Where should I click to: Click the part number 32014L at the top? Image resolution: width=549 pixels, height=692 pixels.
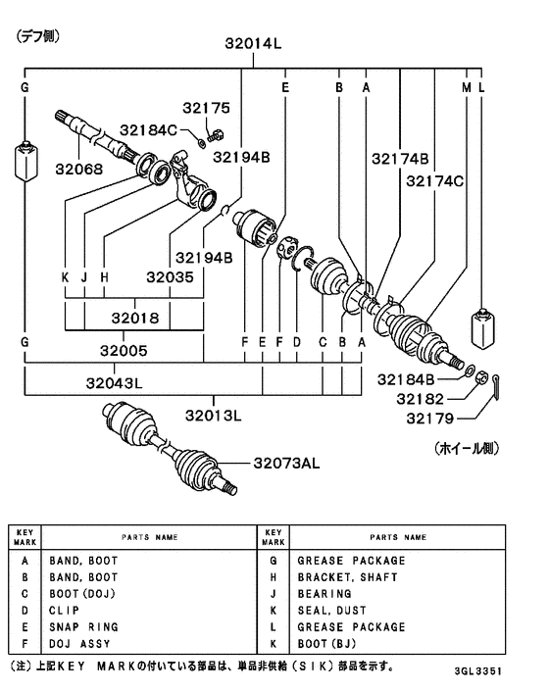(x=253, y=42)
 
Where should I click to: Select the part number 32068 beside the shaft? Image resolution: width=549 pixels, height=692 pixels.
(x=77, y=169)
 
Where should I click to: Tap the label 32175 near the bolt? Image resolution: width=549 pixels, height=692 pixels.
(x=204, y=108)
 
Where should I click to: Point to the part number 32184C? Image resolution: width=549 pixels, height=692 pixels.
(x=149, y=129)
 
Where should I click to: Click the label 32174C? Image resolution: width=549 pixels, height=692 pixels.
(x=436, y=180)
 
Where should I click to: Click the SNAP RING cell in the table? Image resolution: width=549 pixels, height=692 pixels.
(x=83, y=626)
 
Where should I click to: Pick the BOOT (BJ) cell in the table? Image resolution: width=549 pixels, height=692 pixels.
(x=328, y=643)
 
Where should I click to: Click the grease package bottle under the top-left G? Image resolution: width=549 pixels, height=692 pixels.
(x=25, y=162)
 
